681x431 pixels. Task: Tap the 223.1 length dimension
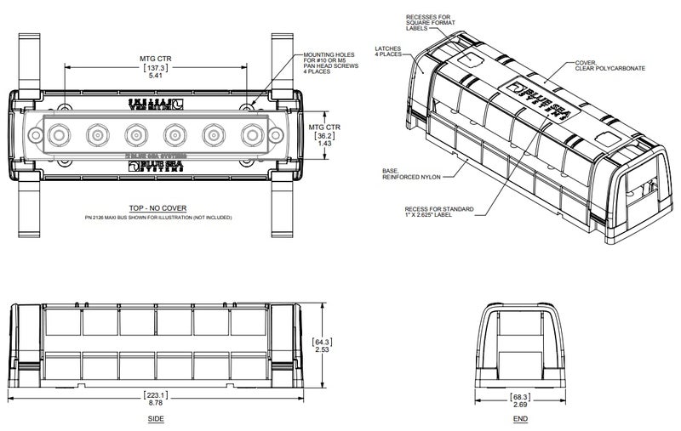[156, 395]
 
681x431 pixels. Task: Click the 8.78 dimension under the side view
[156, 405]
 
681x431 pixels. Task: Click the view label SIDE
[156, 420]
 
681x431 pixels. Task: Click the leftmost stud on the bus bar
[59, 134]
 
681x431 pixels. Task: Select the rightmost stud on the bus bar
[253, 134]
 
